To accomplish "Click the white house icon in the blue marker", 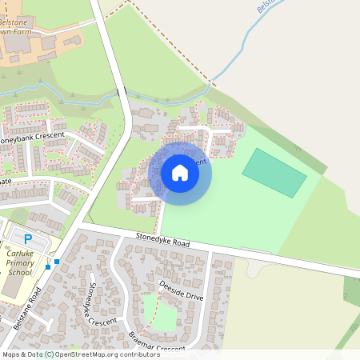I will pos(180,173).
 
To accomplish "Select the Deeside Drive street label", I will pos(182,290).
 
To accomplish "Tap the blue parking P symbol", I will pos(29,238).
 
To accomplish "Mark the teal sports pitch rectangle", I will pos(274,172).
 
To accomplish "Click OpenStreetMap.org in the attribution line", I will pos(94,354).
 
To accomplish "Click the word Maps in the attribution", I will pos(11,354).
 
